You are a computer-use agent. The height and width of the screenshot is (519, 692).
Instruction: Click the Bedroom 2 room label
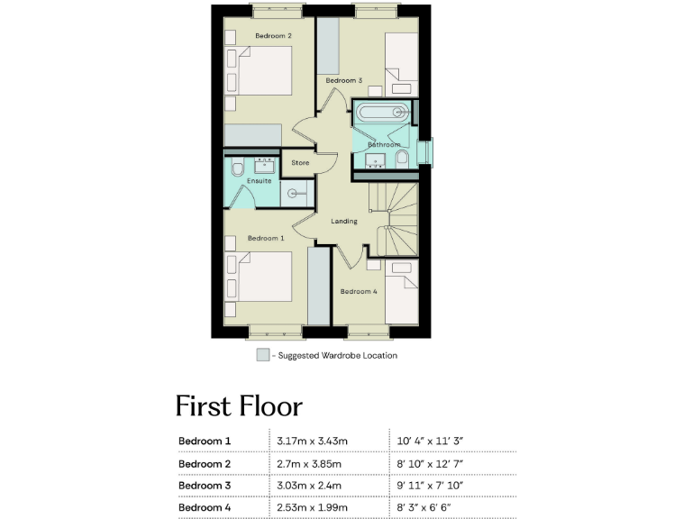tap(273, 36)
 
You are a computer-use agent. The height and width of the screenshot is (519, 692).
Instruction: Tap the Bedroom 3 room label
tap(343, 81)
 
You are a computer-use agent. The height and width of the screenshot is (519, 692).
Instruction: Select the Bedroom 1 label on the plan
tap(266, 238)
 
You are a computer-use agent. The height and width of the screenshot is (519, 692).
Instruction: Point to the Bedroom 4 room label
tap(359, 291)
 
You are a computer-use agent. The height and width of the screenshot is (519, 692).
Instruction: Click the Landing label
tap(344, 221)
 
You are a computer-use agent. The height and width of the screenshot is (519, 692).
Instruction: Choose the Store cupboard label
tap(300, 163)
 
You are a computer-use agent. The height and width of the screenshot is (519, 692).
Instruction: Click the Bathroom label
tap(383, 144)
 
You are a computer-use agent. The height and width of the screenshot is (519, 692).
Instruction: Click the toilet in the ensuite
tap(236, 168)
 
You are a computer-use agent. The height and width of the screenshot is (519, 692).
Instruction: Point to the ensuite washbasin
tap(267, 164)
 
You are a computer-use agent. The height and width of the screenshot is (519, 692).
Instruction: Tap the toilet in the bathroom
tap(402, 159)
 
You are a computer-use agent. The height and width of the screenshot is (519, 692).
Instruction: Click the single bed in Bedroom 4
tap(402, 293)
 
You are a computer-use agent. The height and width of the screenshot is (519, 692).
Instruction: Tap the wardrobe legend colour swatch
tap(262, 355)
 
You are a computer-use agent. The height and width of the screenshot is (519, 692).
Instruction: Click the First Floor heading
tap(238, 405)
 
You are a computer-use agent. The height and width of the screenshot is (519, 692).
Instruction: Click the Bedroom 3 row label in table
tap(205, 487)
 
